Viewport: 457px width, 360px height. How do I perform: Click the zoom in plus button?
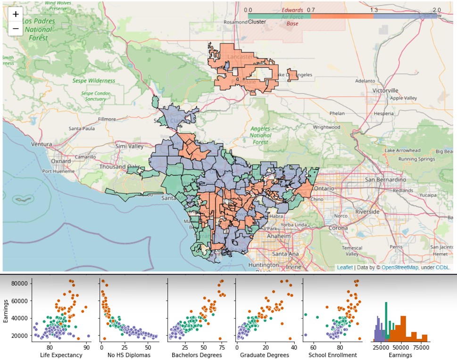coord(16,14)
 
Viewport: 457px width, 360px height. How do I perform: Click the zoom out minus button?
coord(16,29)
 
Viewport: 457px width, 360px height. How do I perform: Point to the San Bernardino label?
coord(382,180)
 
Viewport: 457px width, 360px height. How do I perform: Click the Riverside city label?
coord(367,212)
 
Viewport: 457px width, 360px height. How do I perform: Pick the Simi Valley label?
coord(129,147)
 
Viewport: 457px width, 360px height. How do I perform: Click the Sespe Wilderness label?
coord(94,81)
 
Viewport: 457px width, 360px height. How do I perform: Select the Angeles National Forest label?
coord(260,135)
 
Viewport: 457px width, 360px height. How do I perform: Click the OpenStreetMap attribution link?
coord(399,268)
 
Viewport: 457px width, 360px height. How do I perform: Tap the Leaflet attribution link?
coord(344,268)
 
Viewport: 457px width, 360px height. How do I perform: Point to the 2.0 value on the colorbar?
coord(436,10)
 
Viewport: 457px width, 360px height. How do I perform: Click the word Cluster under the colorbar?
coord(257,22)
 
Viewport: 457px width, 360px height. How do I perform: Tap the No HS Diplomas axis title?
coord(129,354)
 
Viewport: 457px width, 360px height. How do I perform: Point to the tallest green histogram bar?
coord(386,320)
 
